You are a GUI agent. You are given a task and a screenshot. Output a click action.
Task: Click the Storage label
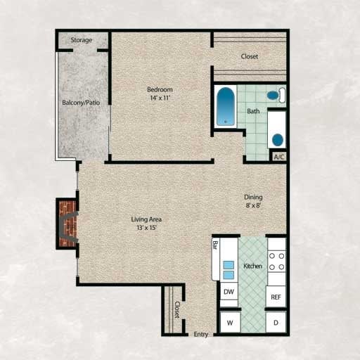(81, 40)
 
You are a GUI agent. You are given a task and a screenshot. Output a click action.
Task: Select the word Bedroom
(160, 89)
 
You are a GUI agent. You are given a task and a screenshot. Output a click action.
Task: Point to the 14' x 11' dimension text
(160, 98)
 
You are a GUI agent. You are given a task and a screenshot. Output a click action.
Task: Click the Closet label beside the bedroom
(250, 56)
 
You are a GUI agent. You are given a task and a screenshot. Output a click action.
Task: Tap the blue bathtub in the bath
(226, 105)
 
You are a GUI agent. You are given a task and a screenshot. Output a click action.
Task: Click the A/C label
(278, 157)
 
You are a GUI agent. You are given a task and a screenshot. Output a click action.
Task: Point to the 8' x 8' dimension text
(253, 207)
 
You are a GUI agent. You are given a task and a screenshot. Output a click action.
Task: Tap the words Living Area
(146, 219)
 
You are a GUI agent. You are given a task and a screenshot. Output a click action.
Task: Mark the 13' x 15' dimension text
(146, 228)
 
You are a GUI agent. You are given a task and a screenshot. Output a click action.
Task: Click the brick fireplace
(67, 224)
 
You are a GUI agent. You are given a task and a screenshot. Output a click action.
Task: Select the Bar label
(215, 247)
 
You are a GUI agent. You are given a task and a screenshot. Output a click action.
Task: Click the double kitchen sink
(229, 270)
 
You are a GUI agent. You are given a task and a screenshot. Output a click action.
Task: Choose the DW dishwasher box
(229, 291)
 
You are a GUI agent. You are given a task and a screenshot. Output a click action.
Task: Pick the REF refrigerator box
(276, 297)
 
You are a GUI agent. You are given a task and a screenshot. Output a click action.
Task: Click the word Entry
(201, 334)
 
